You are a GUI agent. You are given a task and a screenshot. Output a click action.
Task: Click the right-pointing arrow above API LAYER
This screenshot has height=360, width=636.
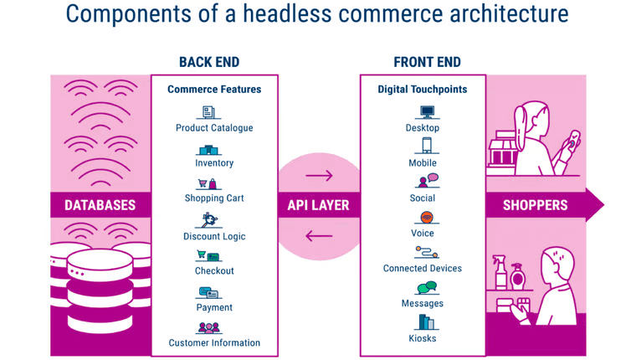coord(319,176)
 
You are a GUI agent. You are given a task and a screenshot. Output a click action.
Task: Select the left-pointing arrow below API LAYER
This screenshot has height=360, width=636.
coord(319,236)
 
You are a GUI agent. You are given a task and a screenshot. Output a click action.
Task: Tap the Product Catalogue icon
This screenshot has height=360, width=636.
coord(208,112)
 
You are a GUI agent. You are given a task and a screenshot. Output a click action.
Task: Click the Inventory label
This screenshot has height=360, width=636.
coord(214,163)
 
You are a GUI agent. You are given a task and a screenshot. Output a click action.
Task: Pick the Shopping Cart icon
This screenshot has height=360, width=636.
coord(208,184)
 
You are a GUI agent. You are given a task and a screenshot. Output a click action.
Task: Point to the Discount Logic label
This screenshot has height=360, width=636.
coord(214,236)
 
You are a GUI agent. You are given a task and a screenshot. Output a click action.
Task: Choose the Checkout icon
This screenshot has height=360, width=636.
coord(208,255)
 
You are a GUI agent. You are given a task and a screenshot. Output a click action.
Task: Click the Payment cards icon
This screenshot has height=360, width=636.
coord(208,293)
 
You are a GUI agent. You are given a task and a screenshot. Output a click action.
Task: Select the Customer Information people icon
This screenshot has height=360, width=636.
coord(209,328)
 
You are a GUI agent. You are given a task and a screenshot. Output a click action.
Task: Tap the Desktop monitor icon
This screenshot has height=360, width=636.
coord(427,111)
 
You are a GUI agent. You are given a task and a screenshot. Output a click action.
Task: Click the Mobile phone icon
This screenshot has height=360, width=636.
coord(427,146)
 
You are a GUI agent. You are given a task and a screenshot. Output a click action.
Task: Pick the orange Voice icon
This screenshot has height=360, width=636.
coord(427,218)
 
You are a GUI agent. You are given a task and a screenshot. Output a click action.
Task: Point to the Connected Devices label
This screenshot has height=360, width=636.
coord(423,268)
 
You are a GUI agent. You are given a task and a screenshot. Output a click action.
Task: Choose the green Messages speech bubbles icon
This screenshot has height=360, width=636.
coord(427,287)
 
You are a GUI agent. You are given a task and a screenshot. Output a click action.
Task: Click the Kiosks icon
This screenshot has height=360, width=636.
coord(426,321)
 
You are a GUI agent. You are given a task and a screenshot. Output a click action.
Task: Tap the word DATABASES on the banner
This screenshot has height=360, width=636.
coord(100,205)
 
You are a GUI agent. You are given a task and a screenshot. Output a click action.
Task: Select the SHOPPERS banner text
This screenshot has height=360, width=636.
coord(535,205)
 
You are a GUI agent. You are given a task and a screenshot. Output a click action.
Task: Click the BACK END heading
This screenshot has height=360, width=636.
coord(209,62)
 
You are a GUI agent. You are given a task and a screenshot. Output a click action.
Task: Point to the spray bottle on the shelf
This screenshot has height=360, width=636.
coord(500,271)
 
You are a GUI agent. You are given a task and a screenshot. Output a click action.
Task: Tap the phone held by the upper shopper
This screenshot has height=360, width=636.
coord(572,140)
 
